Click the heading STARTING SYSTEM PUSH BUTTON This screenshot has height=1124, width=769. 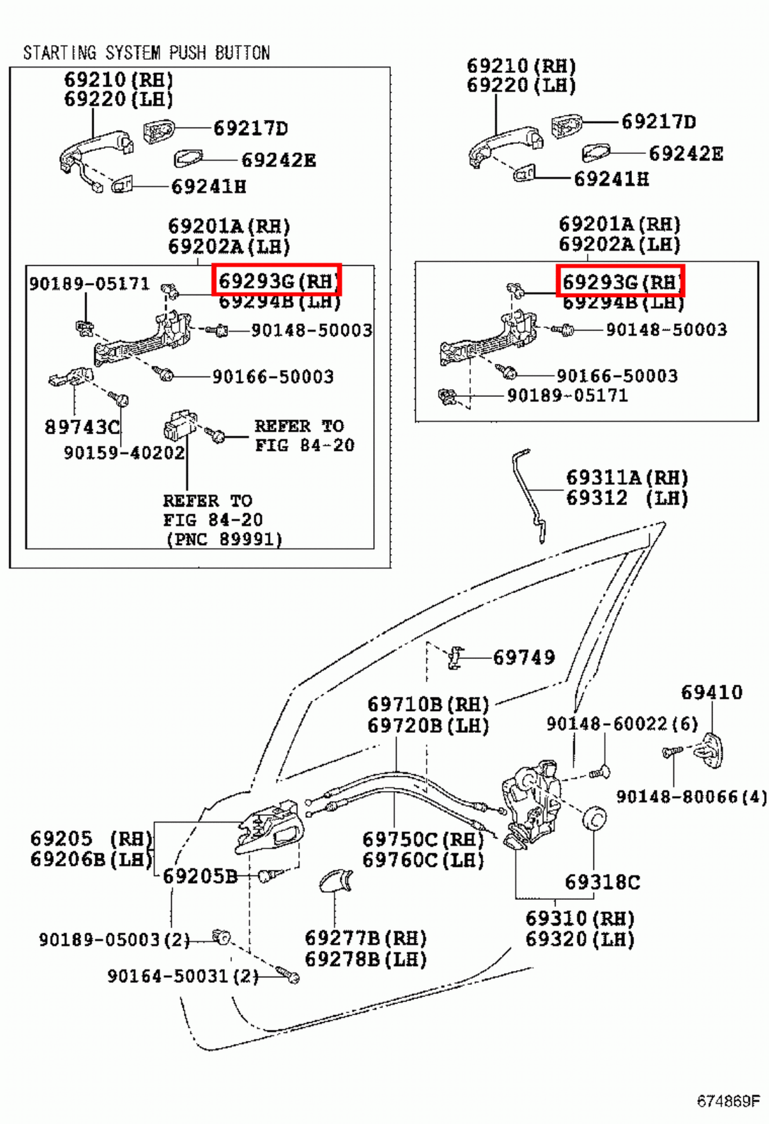147,53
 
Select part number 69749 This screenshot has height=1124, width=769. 524,658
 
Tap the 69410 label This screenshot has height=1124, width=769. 712,693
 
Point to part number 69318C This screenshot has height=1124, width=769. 602,882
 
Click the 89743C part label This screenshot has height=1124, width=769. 82,427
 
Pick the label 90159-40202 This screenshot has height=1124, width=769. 124,452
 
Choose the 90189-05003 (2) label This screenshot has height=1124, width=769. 115,939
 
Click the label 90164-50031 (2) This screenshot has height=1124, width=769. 183,976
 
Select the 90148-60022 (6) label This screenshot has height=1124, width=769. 622,724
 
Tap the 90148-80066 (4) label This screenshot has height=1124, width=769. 692,797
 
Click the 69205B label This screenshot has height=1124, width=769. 200,876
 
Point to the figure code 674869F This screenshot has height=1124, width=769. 728,1100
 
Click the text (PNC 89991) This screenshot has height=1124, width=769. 224,540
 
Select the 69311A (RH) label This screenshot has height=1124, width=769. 627,478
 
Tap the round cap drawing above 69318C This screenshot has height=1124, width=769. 594,819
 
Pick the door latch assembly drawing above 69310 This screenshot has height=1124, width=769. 532,804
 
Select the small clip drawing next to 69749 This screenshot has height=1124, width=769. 455,658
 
